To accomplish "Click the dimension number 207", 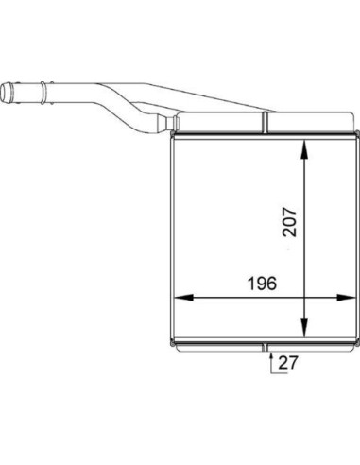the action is tap(289, 222).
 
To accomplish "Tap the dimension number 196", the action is tap(262, 284).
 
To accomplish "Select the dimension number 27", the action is tap(288, 363).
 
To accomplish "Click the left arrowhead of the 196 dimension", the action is tap(184, 298).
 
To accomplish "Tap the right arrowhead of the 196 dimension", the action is tap(346, 298).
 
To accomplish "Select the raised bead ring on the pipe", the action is tap(43, 92).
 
